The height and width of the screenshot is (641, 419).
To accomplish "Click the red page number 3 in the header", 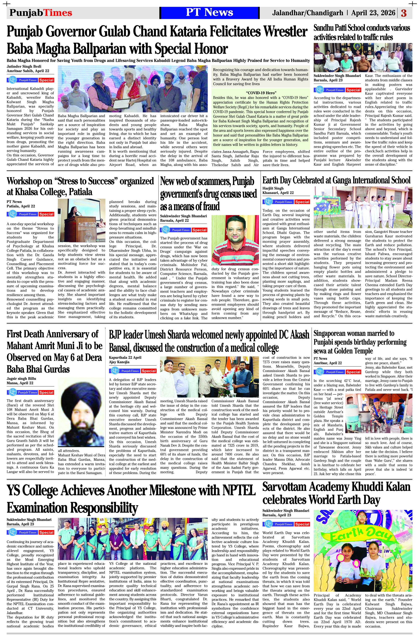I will [404, 13].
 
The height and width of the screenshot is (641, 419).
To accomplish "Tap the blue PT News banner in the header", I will [209, 13].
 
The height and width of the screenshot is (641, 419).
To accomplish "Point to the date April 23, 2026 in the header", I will [373, 13].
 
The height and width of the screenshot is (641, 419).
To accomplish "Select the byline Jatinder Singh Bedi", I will [24, 66].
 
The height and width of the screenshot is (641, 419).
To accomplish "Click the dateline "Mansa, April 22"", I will [20, 383].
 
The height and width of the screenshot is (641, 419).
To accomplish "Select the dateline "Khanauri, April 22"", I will [278, 193].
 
